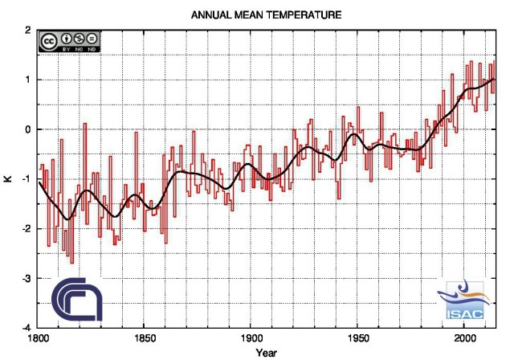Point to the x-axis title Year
(267, 353)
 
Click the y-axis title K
(7, 178)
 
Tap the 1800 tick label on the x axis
(37, 338)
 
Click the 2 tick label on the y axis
(28, 31)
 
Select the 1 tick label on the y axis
(28, 80)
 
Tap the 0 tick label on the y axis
(28, 129)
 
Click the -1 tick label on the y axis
(27, 179)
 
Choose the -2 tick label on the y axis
(27, 229)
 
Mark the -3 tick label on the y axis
(27, 278)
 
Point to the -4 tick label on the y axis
(27, 328)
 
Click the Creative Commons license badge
(69, 42)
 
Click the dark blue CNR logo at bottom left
(77, 301)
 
